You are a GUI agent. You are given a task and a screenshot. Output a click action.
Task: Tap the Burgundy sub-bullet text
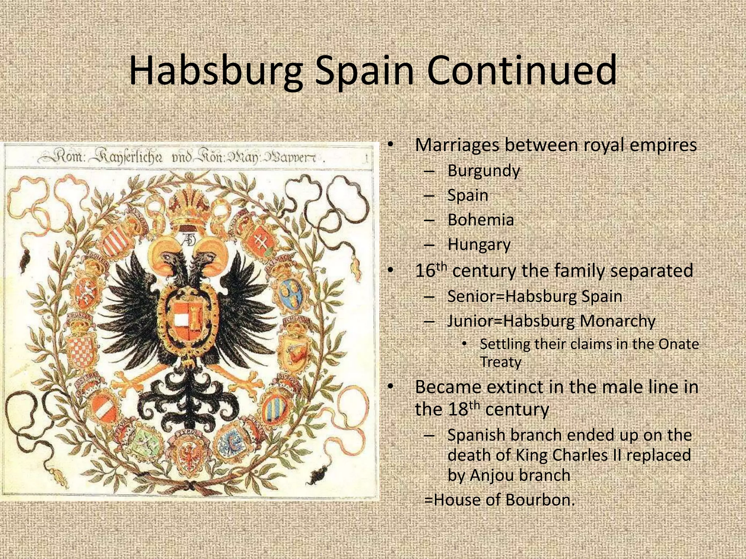point(483,171)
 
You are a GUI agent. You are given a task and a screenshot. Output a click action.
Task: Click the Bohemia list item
point(480,220)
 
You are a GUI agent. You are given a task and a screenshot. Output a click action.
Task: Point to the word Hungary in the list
point(479,245)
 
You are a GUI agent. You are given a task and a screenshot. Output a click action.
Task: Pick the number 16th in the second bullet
point(430,270)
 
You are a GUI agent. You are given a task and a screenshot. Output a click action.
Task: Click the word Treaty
point(500,362)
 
